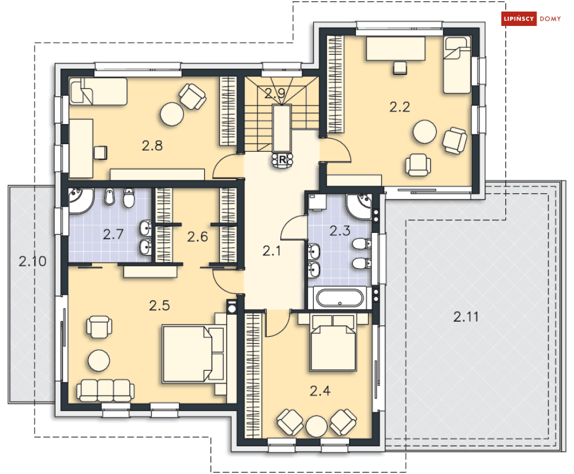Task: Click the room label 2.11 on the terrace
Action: [466, 317]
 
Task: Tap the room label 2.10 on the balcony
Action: [32, 261]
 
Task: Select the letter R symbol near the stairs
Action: [282, 160]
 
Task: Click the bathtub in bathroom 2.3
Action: [339, 298]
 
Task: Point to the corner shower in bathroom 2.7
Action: [80, 200]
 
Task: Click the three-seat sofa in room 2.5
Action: [105, 390]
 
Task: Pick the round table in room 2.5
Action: [99, 360]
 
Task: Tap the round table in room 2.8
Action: [172, 114]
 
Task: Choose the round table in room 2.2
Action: [425, 132]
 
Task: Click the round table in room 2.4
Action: [316, 426]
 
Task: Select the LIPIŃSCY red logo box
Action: [519, 18]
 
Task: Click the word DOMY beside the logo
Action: [550, 18]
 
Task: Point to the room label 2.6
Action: [198, 237]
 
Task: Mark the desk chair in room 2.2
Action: [399, 68]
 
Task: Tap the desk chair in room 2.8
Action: [100, 153]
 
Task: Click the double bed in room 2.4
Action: [333, 342]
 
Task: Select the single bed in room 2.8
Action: [98, 91]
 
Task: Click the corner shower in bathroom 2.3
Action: [359, 207]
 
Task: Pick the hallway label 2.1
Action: [271, 251]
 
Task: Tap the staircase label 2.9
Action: [275, 93]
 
